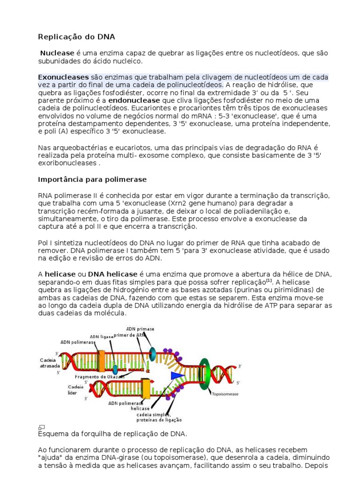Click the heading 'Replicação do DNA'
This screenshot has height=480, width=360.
(76, 37)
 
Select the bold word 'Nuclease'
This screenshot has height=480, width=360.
(55, 53)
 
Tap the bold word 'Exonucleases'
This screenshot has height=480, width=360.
(63, 77)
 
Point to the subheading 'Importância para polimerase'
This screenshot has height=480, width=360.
(92, 180)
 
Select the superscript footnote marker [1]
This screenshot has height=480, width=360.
(269, 280)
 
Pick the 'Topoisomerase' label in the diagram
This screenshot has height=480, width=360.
(225, 394)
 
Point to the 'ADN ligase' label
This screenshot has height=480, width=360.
(102, 337)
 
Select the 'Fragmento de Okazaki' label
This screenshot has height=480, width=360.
(100, 377)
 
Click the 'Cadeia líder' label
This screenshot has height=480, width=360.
(75, 390)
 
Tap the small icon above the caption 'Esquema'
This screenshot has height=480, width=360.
(41, 427)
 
